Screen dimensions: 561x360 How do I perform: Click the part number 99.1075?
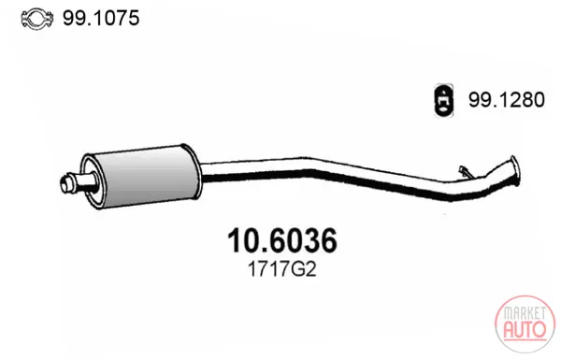click(x=101, y=18)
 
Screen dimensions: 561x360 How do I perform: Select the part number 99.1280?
click(x=507, y=100)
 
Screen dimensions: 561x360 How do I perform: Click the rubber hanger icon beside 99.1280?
click(x=443, y=100)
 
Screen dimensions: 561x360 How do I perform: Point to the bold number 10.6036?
click(x=282, y=240)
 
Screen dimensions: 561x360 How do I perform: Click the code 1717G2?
click(x=282, y=269)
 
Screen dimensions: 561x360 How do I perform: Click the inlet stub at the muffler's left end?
click(x=77, y=182)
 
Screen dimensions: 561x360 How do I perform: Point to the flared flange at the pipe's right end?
click(x=513, y=171)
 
